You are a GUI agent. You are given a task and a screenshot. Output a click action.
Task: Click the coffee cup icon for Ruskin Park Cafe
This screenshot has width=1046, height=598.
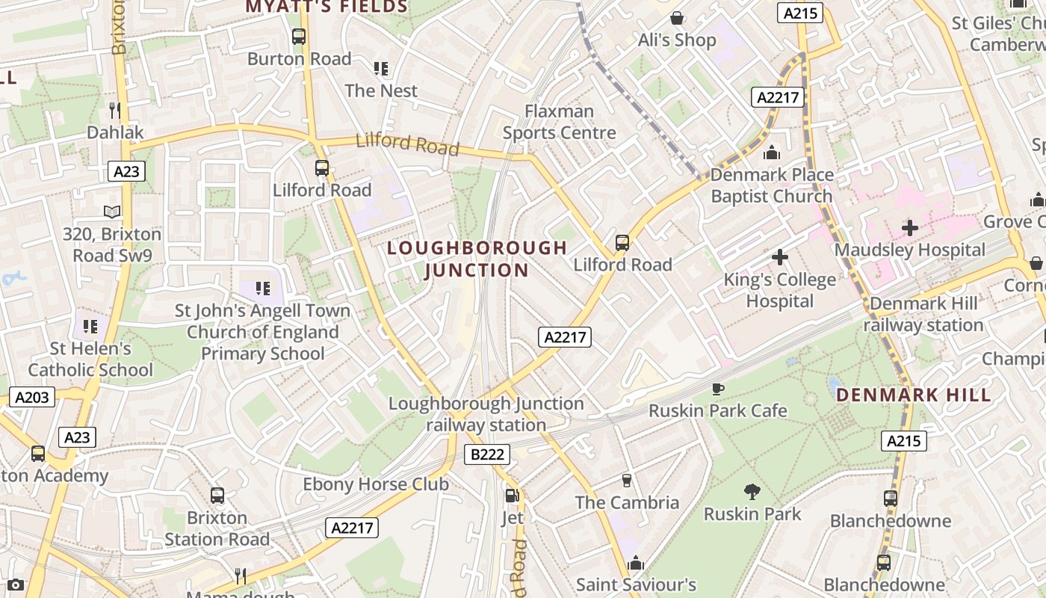pyautogui.click(x=717, y=388)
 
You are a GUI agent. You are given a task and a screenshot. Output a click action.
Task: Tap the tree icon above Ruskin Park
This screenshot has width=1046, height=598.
pyautogui.click(x=752, y=491)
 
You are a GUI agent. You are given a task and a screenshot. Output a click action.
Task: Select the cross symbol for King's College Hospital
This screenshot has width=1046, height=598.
pyautogui.click(x=779, y=257)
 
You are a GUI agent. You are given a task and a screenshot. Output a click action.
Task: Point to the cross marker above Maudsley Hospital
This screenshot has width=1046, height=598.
pyautogui.click(x=909, y=227)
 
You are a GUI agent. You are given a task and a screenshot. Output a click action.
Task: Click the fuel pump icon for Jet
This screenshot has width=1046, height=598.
pyautogui.click(x=512, y=495)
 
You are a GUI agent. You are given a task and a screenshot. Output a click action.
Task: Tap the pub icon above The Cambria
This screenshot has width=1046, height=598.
pyautogui.click(x=627, y=480)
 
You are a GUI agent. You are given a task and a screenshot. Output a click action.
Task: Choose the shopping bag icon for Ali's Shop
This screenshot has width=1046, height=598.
pyautogui.click(x=677, y=17)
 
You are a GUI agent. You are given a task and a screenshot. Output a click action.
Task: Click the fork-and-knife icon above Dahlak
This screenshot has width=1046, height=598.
pyautogui.click(x=114, y=110)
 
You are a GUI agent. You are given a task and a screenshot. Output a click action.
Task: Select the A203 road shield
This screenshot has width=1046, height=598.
pyautogui.click(x=33, y=397)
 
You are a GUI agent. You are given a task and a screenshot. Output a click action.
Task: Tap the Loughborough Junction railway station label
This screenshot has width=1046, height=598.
pyautogui.click(x=486, y=414)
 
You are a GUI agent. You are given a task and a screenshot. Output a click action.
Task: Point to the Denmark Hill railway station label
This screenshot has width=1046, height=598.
pyautogui.click(x=923, y=314)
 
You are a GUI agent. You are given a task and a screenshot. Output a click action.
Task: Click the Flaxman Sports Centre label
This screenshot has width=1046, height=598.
pyautogui.click(x=559, y=122)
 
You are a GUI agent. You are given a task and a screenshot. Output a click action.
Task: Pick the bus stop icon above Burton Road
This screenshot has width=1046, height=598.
pyautogui.click(x=299, y=36)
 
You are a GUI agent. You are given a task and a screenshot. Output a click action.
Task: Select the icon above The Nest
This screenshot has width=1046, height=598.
pyautogui.click(x=381, y=69)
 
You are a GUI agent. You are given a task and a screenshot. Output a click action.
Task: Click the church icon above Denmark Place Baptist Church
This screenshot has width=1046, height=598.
pyautogui.click(x=772, y=153)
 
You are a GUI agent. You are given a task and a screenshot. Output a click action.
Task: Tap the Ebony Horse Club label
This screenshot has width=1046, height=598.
pyautogui.click(x=376, y=484)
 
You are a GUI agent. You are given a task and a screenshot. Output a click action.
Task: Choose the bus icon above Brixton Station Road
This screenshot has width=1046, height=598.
pyautogui.click(x=217, y=495)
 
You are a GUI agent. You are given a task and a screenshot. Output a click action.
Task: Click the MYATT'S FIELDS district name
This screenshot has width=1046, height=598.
pyautogui.click(x=327, y=7)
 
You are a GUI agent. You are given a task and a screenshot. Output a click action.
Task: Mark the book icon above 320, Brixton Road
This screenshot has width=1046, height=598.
pyautogui.click(x=112, y=212)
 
